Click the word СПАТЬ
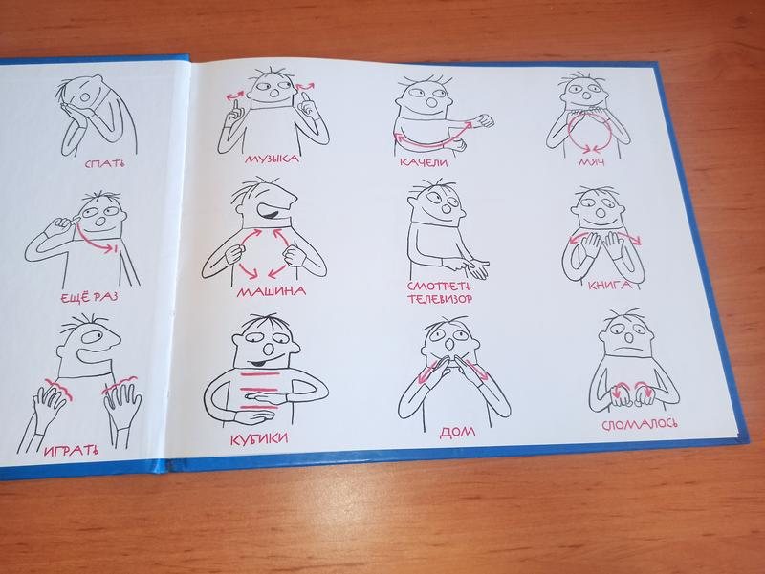click(x=104, y=162)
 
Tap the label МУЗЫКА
click(x=272, y=159)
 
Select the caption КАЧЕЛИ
click(x=424, y=161)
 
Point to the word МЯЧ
click(x=592, y=161)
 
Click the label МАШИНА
click(x=272, y=291)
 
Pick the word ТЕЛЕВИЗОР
click(x=440, y=299)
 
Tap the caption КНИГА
click(x=609, y=285)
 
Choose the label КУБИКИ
click(x=259, y=439)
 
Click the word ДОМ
click(x=457, y=432)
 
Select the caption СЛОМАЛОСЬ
click(x=639, y=425)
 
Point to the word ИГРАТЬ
click(x=71, y=451)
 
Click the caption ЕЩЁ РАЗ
click(x=89, y=297)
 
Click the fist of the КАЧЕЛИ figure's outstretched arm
click(x=484, y=120)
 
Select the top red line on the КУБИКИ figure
click(x=261, y=374)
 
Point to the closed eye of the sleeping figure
click(x=85, y=96)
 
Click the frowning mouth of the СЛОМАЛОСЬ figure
click(x=626, y=350)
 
